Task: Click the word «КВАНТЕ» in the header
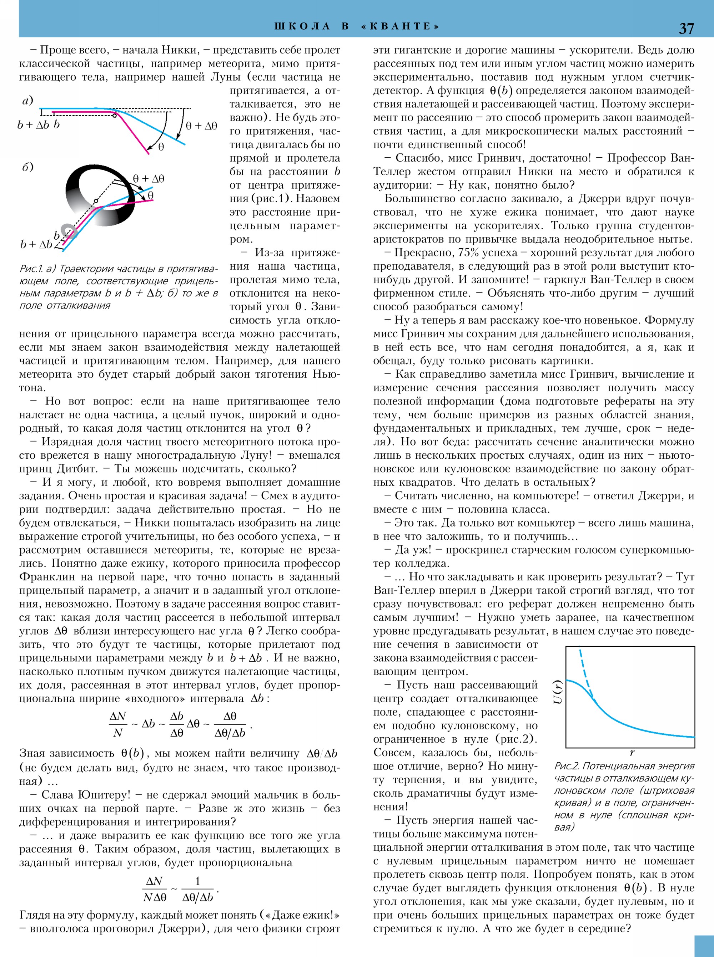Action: [400, 26]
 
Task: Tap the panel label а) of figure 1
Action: [27, 101]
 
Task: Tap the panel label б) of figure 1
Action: [27, 167]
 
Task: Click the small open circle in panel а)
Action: [114, 115]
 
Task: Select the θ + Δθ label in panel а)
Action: [201, 126]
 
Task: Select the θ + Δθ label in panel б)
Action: [148, 178]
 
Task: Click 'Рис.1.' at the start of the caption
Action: [31, 269]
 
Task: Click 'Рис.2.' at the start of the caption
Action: [567, 766]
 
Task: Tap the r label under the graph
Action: [632, 752]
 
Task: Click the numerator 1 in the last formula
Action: [197, 881]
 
